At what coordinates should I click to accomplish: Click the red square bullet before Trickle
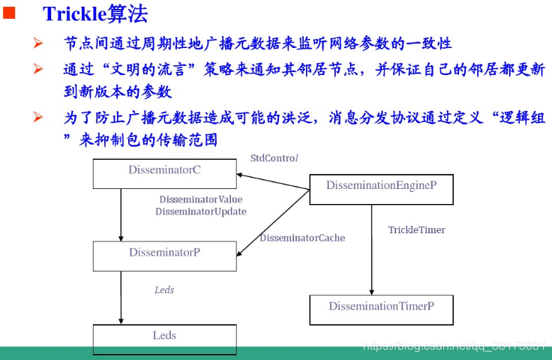click(x=10, y=12)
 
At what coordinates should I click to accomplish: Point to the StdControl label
click(x=274, y=158)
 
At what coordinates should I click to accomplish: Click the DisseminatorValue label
click(x=201, y=199)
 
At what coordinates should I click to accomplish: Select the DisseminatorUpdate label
click(x=201, y=211)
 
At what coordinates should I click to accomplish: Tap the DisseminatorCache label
click(x=302, y=238)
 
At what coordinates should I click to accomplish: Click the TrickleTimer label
click(x=416, y=229)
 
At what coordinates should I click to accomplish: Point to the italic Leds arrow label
click(x=164, y=289)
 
